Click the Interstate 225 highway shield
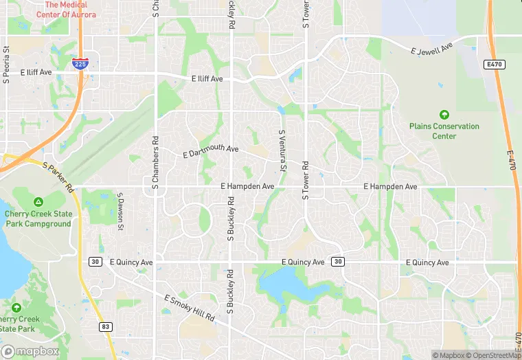pyautogui.click(x=79, y=64)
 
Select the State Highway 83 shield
pyautogui.click(x=105, y=326)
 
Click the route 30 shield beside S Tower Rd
pyautogui.click(x=337, y=262)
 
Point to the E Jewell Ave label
pyautogui.click(x=433, y=51)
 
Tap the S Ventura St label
pyautogui.click(x=281, y=150)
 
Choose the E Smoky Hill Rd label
pyautogui.click(x=190, y=309)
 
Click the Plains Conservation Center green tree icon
pyautogui.click(x=444, y=114)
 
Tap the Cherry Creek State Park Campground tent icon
pyautogui.click(x=38, y=202)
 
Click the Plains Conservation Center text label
pyautogui.click(x=444, y=131)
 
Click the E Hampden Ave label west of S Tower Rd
pyautogui.click(x=247, y=186)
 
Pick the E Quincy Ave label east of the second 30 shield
pyautogui.click(x=427, y=262)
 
